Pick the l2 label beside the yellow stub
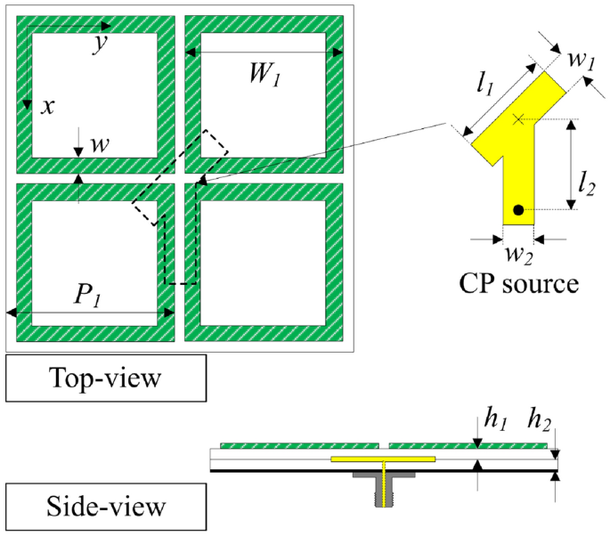pos(584,185)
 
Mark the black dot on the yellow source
pos(517,210)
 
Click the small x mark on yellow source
pos(518,118)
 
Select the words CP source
pos(519,284)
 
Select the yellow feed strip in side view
pos(383,459)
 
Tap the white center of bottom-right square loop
pos(264,262)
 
